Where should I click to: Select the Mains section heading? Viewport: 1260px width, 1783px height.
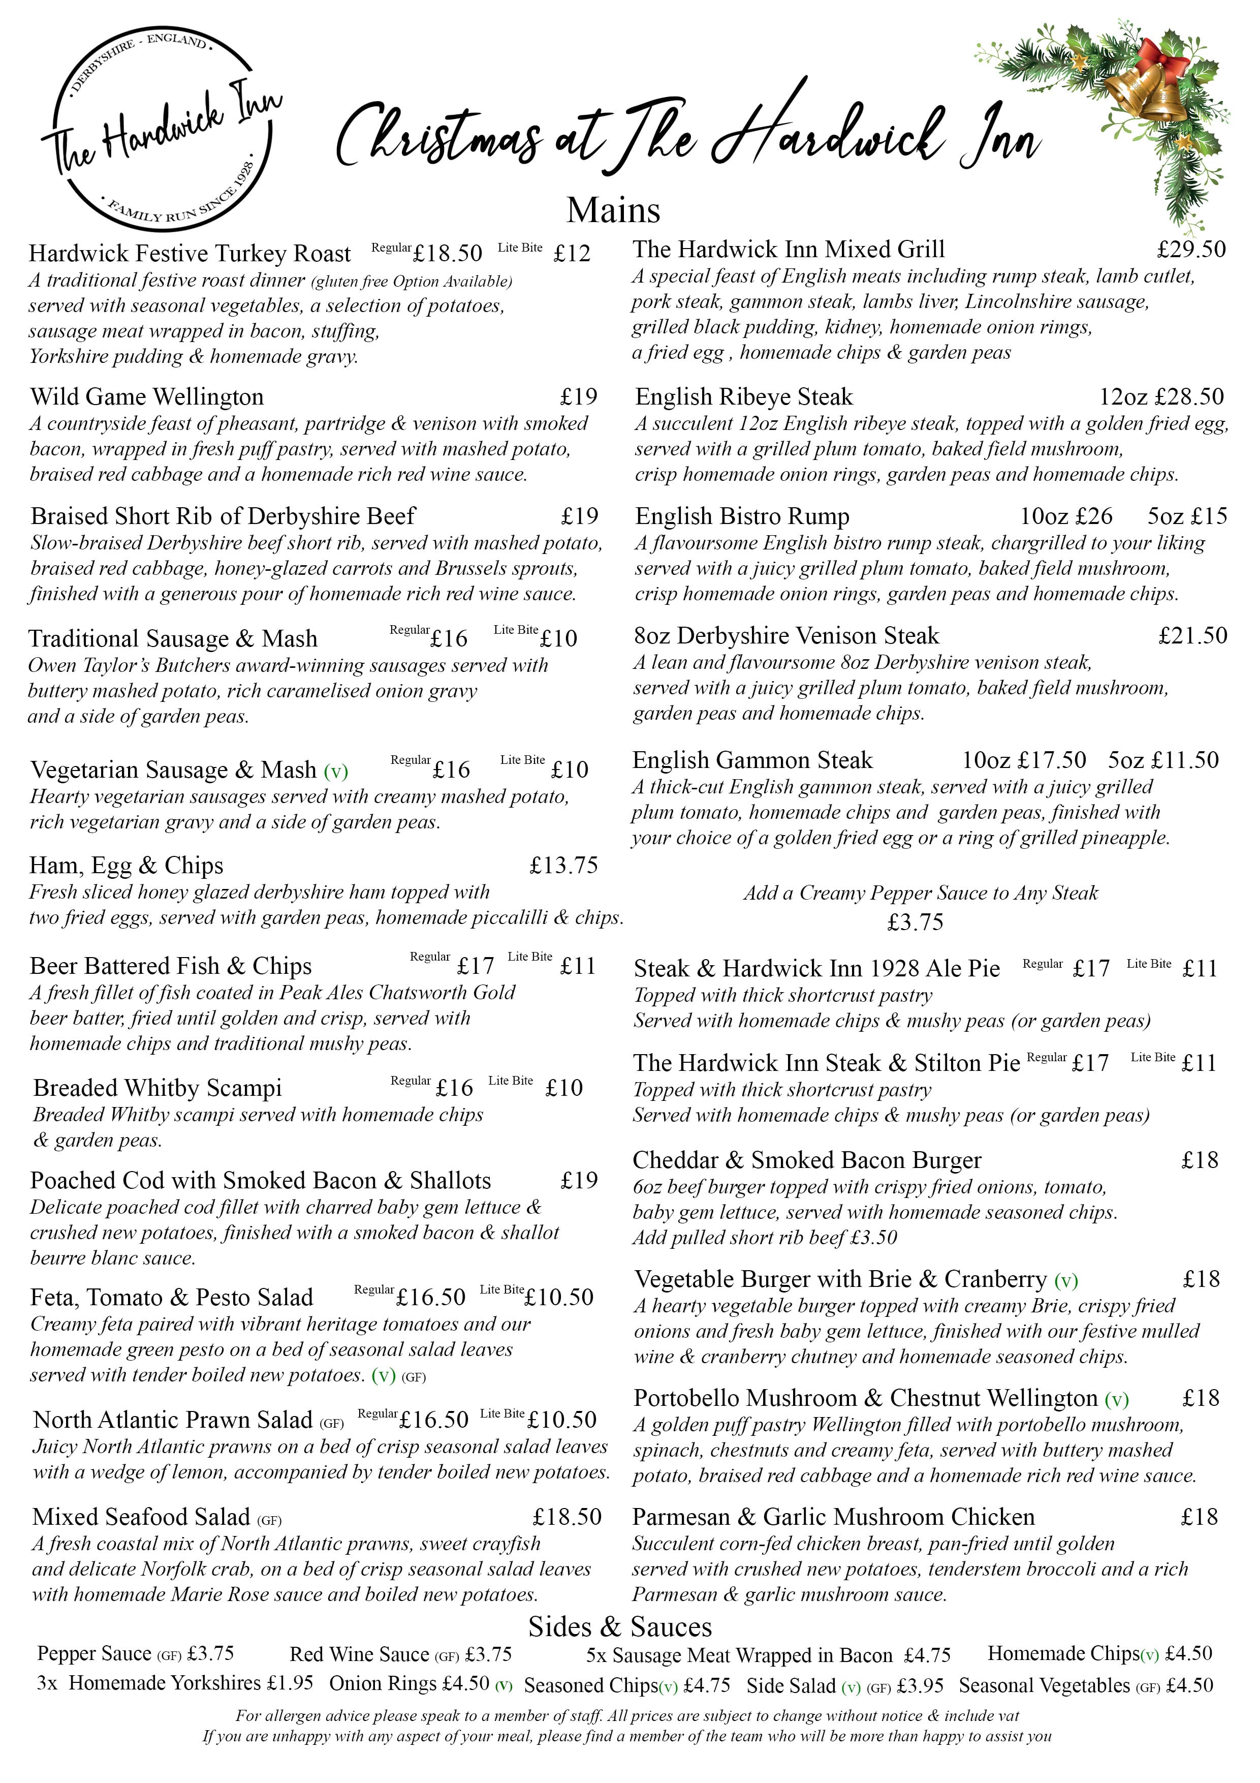(613, 210)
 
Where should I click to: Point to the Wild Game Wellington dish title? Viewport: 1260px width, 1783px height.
(147, 397)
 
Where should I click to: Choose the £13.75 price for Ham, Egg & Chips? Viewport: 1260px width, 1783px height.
(563, 865)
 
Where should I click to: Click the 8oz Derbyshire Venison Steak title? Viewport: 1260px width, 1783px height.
(785, 636)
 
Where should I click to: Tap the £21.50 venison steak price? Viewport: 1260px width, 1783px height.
(1192, 636)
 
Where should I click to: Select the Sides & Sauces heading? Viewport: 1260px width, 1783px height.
(619, 1627)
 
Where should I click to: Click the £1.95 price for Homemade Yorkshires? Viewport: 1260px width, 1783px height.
(290, 1683)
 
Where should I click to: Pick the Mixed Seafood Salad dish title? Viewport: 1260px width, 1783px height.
(141, 1517)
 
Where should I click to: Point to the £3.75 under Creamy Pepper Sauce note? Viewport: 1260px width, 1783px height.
(916, 923)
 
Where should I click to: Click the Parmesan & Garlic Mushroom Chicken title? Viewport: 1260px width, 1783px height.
(833, 1517)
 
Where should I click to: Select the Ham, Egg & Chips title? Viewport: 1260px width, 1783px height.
(127, 865)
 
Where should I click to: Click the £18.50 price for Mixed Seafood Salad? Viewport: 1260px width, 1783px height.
(566, 1517)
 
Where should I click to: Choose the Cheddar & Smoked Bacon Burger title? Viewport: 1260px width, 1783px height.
(807, 1160)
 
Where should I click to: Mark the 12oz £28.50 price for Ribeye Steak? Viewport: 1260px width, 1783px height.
(1160, 397)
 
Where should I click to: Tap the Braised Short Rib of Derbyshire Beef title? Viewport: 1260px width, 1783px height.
(223, 516)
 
